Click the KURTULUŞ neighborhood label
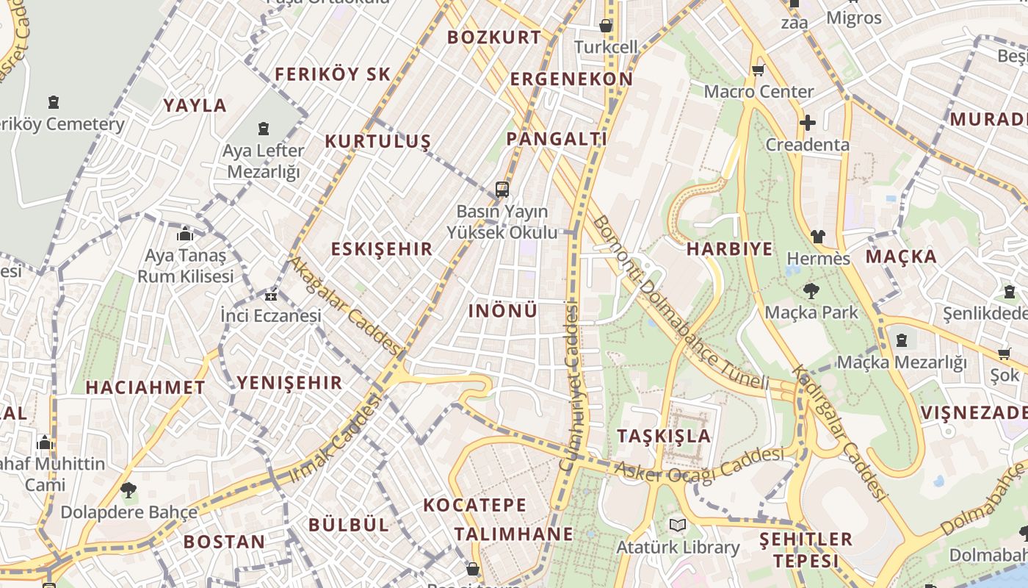tap(377, 141)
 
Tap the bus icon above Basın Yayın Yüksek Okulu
tap(502, 190)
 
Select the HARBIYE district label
tap(729, 249)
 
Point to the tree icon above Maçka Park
tap(811, 291)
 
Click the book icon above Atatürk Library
tap(678, 526)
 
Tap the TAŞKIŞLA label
tap(664, 435)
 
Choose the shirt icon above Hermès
tap(818, 237)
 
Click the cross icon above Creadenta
tap(808, 123)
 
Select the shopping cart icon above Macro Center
tap(758, 71)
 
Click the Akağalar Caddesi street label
tap(344, 304)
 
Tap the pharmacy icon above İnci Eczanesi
tap(271, 295)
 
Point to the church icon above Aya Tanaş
tap(185, 234)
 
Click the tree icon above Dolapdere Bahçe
tap(128, 490)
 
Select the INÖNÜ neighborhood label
tap(503, 311)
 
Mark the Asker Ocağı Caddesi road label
tap(698, 465)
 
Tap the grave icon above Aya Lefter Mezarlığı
tap(264, 129)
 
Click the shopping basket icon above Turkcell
tap(606, 26)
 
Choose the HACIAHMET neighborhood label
tap(145, 387)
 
